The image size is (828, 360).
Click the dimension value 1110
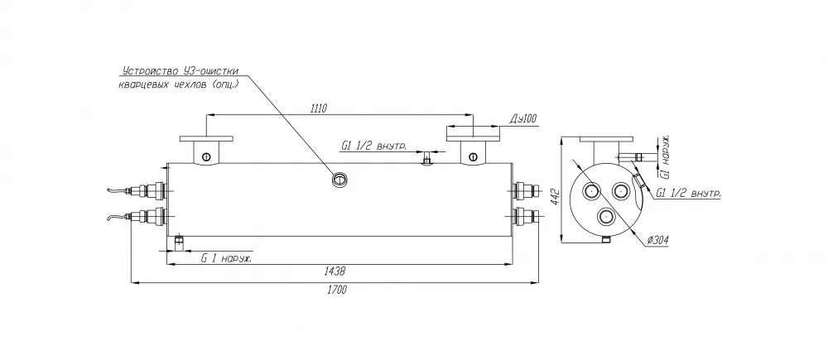pos(319,108)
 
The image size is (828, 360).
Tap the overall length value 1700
pos(336,290)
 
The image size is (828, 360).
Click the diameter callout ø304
pos(657,241)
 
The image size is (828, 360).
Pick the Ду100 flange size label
pos(522,119)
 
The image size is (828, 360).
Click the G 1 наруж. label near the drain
pos(226,259)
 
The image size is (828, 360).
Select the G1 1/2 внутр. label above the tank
pos(374,146)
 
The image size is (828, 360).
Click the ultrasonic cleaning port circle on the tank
pos(338,180)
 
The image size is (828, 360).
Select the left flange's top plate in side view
pos(206,139)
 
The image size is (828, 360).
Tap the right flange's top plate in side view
pos(473,139)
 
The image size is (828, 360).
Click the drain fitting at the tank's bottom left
pos(179,242)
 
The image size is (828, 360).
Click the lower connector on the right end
pos(526,215)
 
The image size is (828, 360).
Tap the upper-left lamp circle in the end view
pos(591,190)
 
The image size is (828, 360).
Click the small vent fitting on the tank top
pos(427,157)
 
